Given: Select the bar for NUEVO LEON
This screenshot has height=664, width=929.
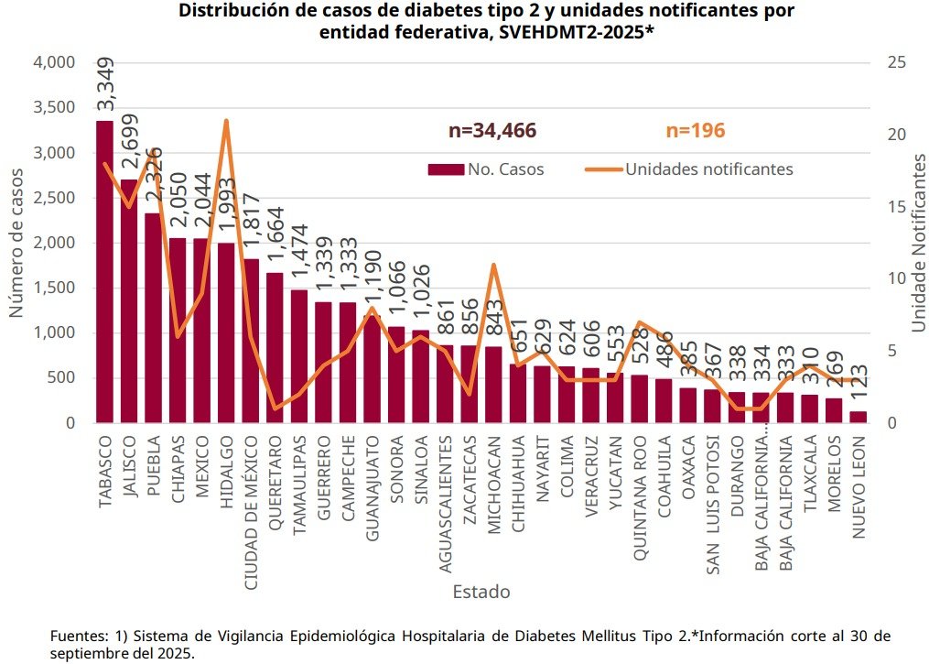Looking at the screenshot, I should (858, 417).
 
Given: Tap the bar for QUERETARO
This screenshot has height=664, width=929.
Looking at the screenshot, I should (275, 348).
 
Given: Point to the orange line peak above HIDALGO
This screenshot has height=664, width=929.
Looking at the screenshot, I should (226, 121).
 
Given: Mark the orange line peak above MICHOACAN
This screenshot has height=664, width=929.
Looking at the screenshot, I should (493, 265).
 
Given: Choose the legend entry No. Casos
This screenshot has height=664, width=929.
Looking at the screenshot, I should (486, 169).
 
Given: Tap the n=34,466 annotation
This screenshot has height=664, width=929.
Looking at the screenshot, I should (492, 131).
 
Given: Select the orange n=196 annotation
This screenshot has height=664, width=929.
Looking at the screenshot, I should (696, 131).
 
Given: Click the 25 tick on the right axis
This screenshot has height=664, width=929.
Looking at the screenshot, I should (897, 62).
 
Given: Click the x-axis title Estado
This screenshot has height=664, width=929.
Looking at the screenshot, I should (481, 592).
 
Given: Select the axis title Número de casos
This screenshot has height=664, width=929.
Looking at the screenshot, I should (16, 243).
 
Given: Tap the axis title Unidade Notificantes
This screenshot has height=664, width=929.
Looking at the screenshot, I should (918, 243).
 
